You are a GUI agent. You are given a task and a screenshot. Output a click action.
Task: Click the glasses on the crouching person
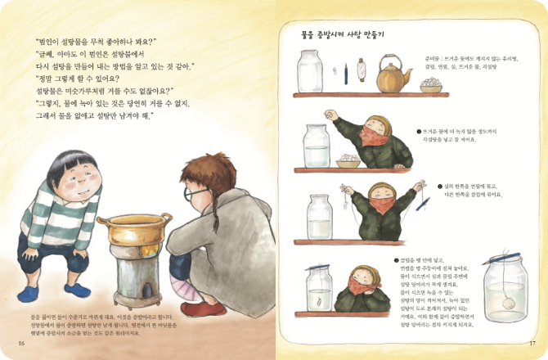click(190, 196)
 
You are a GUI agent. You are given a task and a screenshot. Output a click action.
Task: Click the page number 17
click(531, 342)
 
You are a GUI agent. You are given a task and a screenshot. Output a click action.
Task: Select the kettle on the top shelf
click(396, 78)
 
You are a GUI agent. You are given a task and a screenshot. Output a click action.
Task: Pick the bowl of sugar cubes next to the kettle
click(429, 84)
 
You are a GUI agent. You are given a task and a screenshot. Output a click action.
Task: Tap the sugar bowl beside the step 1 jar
click(347, 161)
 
